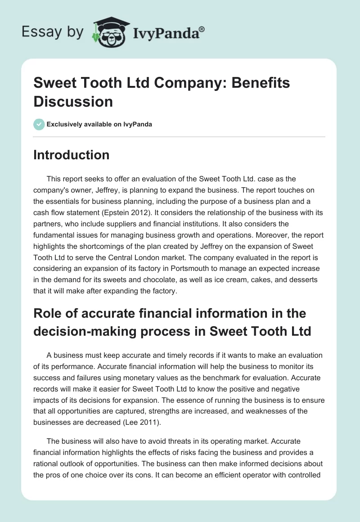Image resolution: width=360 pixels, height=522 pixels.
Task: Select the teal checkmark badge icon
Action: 39,124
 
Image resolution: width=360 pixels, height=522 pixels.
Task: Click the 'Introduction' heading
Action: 71,155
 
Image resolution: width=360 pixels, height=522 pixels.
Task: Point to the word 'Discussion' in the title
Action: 73,101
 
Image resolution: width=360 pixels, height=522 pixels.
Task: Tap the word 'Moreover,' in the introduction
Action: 257,235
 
